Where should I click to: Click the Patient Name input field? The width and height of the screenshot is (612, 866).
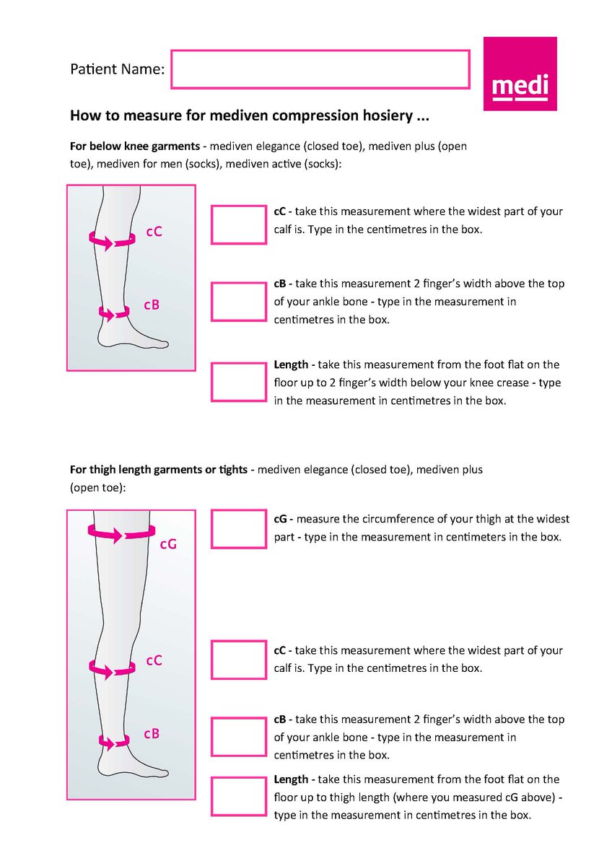click(320, 69)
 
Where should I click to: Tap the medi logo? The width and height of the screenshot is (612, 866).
click(520, 74)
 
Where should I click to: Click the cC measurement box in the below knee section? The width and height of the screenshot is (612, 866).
click(238, 224)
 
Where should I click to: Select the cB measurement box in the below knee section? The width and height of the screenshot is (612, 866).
click(238, 302)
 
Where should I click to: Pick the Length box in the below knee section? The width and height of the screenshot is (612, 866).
click(238, 382)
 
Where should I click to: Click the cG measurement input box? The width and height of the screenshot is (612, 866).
click(238, 529)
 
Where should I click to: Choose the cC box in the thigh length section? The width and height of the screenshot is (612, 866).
click(238, 660)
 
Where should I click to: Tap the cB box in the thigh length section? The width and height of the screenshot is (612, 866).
click(238, 737)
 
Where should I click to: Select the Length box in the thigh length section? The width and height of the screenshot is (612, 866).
click(238, 796)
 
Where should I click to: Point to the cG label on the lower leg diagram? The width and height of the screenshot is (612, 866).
click(167, 545)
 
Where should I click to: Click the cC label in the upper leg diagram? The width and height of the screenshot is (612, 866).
click(154, 232)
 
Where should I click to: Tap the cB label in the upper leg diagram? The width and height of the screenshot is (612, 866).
click(152, 305)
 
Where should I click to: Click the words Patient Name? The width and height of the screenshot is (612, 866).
click(117, 70)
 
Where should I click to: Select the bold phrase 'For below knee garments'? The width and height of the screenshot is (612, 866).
click(135, 146)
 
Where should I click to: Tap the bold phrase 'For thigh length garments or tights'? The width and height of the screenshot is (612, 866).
click(159, 470)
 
